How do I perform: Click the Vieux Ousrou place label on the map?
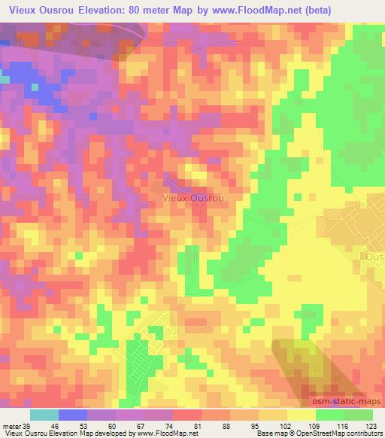pos(194,197)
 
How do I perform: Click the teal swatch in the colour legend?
pos(44,415)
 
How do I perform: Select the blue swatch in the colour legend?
pos(73,415)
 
